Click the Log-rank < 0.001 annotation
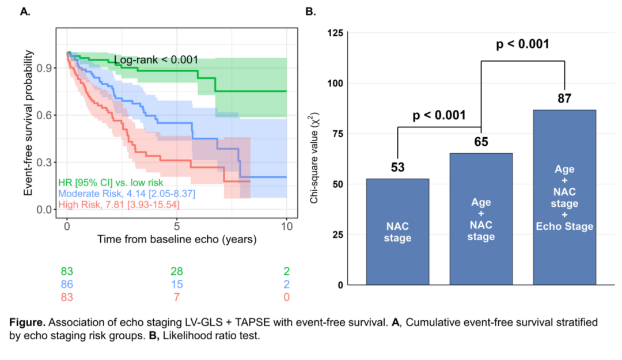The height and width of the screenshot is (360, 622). (156, 60)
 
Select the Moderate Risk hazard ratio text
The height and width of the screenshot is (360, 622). (127, 194)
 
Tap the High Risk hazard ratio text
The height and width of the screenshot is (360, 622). (119, 205)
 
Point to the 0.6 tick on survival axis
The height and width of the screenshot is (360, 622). (44, 115)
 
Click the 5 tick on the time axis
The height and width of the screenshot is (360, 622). (177, 226)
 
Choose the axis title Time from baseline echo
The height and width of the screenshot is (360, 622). (177, 240)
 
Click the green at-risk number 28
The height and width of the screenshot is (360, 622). (177, 271)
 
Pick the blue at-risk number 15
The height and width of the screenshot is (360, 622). (177, 284)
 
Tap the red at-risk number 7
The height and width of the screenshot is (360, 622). (177, 297)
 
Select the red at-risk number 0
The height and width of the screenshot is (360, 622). (286, 297)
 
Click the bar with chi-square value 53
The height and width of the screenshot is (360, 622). (397, 232)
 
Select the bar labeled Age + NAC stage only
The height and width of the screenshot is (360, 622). (481, 219)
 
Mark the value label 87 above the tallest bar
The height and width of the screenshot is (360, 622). (564, 98)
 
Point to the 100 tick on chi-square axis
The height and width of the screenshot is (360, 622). (335, 84)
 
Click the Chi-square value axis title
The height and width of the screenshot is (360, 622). (314, 158)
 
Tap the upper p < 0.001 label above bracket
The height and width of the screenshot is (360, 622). (523, 44)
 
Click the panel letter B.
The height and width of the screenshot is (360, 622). (310, 12)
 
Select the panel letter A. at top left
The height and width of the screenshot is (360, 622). (25, 12)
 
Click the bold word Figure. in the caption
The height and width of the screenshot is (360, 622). (28, 323)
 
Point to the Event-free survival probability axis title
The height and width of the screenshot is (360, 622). (28, 123)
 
